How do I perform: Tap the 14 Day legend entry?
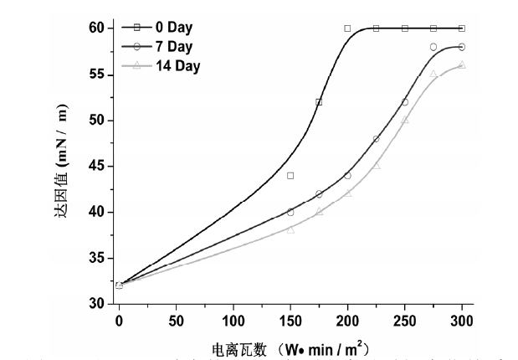coord(176,64)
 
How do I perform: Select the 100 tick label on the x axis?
coord(233,321)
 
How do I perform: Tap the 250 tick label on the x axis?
coord(405,321)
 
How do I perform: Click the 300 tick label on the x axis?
coord(462,321)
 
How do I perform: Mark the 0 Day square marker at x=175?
coord(319,102)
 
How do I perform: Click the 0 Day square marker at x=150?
coord(290,176)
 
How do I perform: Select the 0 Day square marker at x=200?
coord(347,28)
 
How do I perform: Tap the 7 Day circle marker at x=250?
coord(405,102)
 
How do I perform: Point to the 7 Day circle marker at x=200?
coord(347,176)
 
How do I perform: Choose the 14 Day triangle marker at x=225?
coord(377,166)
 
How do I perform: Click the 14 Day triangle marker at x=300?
coord(462,64)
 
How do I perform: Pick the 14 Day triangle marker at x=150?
coord(290,229)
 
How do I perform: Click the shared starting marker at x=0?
coord(119,285)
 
